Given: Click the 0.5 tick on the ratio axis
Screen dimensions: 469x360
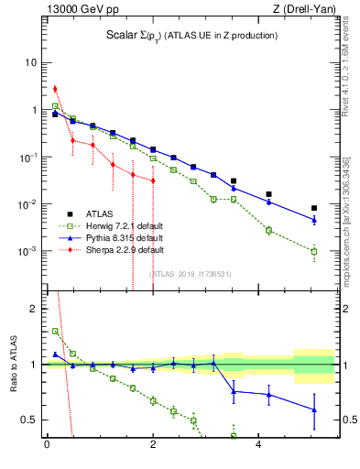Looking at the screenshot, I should coord(31,420).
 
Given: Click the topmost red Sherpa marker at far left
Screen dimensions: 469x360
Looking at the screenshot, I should coord(55,89).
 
